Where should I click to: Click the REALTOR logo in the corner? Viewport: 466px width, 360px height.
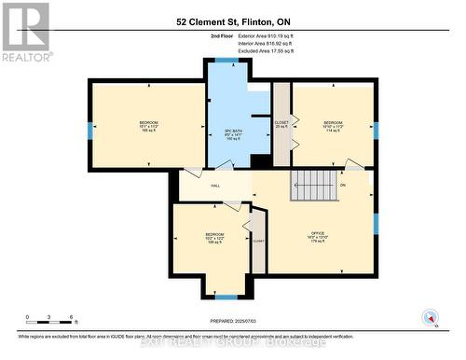click(x=25, y=31)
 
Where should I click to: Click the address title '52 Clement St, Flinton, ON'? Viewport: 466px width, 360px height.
click(x=232, y=20)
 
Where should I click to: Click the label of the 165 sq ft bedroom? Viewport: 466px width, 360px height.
click(x=148, y=128)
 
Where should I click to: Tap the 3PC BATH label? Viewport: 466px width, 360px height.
click(x=233, y=135)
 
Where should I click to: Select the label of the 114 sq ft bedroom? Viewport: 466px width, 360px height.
click(x=333, y=127)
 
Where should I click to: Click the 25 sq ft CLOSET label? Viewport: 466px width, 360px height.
click(x=281, y=124)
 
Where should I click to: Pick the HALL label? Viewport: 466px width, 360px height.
click(x=215, y=187)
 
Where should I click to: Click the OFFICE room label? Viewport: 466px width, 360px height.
click(x=320, y=237)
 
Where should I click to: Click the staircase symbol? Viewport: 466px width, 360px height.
click(x=312, y=185)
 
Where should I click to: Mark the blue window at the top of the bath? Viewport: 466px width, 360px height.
click(x=226, y=61)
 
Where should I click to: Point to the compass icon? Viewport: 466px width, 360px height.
click(x=430, y=317)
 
